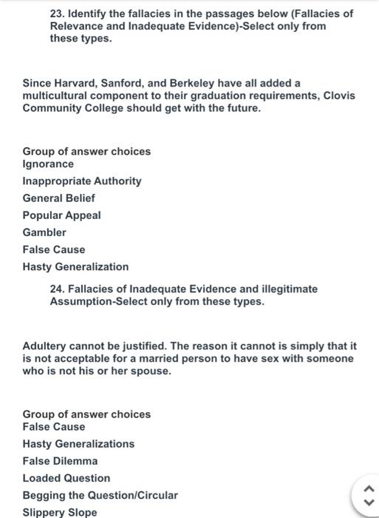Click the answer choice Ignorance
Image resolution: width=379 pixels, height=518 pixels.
[48, 164]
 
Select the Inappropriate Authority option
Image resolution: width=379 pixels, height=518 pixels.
[82, 181]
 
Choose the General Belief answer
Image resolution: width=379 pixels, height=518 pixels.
[59, 198]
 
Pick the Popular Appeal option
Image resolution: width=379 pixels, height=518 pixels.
[62, 215]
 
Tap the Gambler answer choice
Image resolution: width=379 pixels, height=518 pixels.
[44, 232]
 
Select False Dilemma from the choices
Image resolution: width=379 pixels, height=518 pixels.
[60, 460]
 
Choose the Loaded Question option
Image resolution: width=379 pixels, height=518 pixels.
[66, 477]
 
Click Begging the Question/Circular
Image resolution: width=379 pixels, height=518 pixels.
[100, 494]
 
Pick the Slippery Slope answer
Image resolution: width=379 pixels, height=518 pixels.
[59, 511]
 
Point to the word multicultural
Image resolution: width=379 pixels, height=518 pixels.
[54, 95]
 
